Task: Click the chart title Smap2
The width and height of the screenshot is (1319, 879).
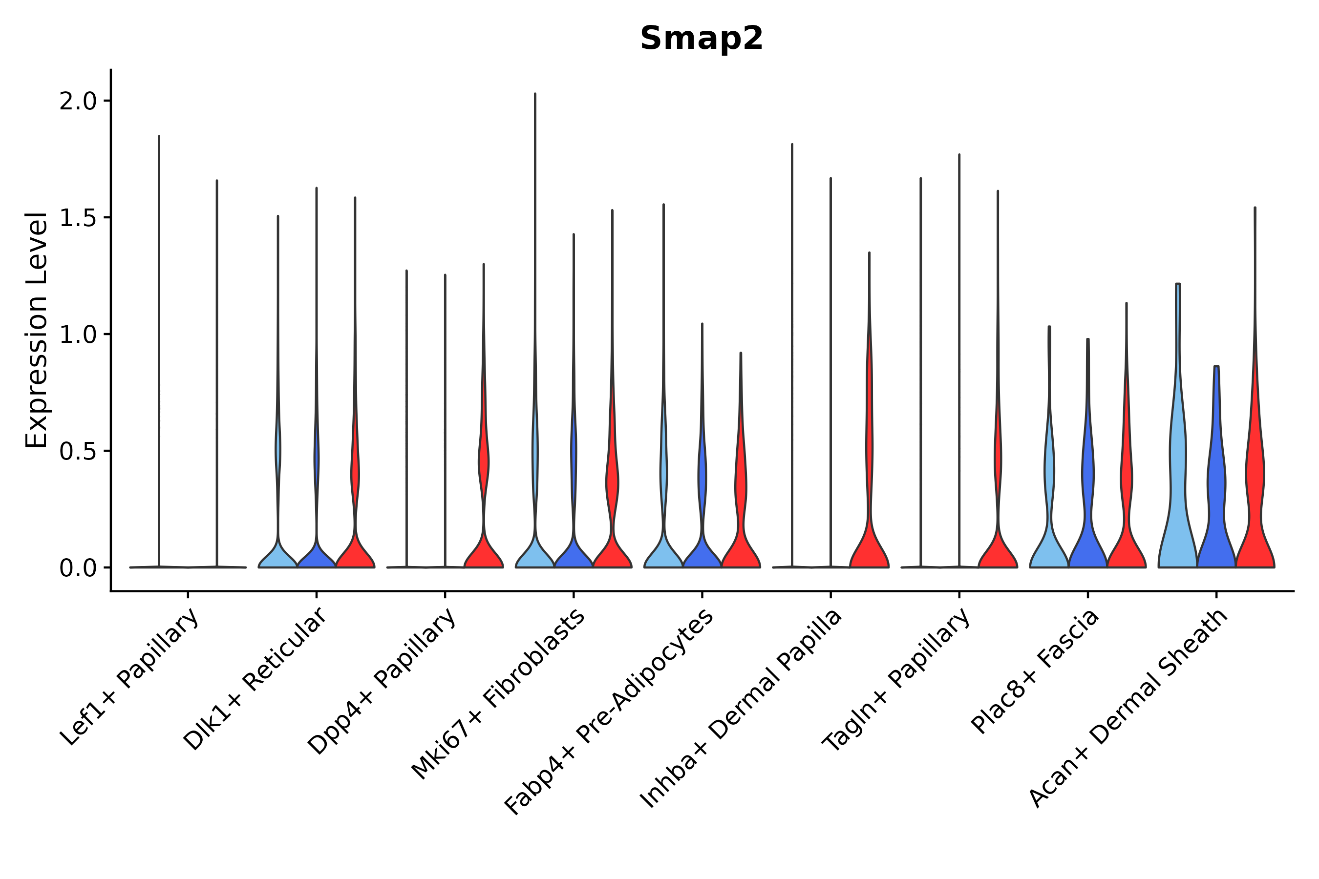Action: pyautogui.click(x=701, y=39)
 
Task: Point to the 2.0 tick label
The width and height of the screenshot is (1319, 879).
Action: pyautogui.click(x=77, y=102)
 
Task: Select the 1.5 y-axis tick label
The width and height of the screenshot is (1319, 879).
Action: pyautogui.click(x=77, y=218)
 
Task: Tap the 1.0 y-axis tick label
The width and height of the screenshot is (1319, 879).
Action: pyautogui.click(x=77, y=335)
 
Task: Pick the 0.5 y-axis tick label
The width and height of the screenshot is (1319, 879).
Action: pyautogui.click(x=77, y=451)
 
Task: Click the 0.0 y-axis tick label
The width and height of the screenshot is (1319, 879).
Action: pyautogui.click(x=77, y=568)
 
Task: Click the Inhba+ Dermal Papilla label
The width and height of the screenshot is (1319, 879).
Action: pyautogui.click(x=741, y=709)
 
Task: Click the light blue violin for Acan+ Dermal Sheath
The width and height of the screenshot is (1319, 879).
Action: pyautogui.click(x=1178, y=504)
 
